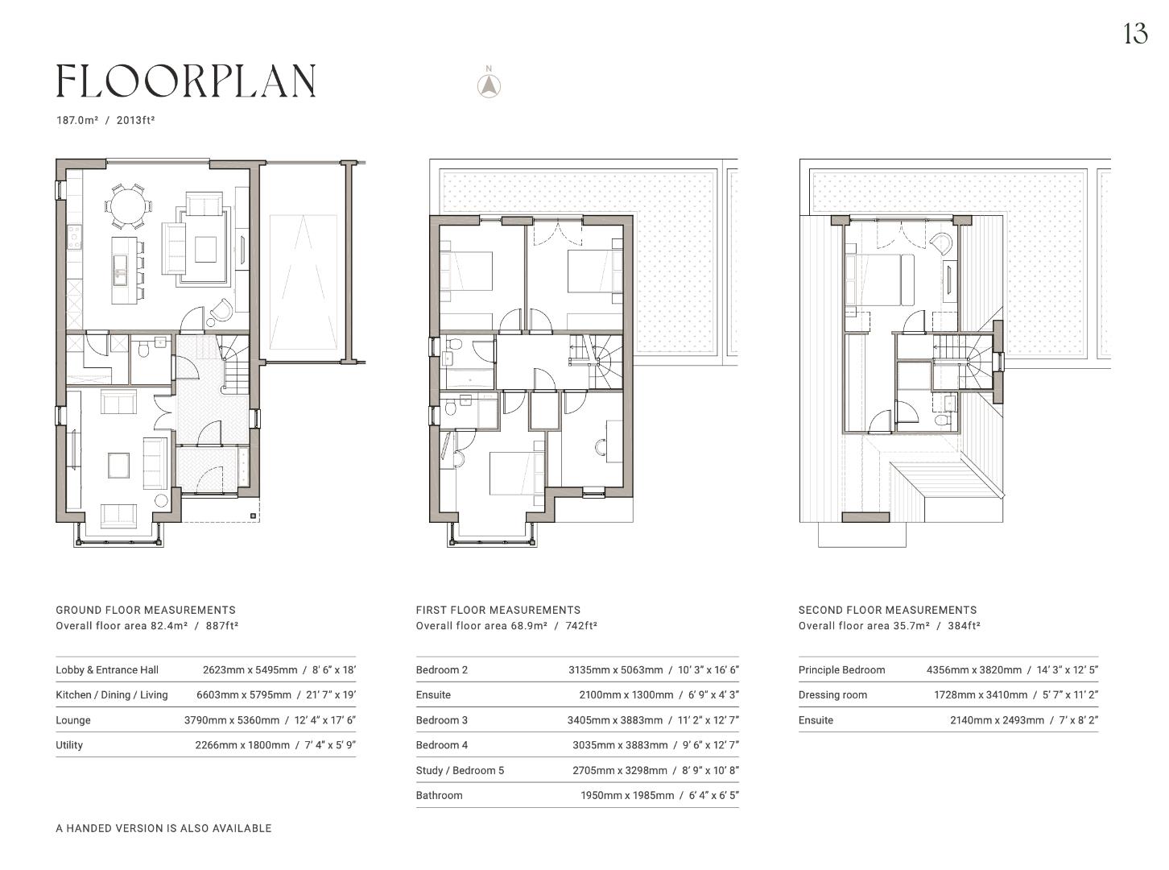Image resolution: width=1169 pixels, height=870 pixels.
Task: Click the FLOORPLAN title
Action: click(x=186, y=81)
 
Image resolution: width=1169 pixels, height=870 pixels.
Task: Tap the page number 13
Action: click(x=1134, y=34)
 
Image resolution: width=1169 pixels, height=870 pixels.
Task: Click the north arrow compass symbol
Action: click(x=489, y=85)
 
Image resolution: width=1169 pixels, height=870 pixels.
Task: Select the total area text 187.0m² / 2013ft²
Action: click(x=105, y=120)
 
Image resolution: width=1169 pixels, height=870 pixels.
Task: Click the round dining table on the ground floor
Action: click(x=128, y=206)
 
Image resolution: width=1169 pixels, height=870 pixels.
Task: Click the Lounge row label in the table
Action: click(x=73, y=720)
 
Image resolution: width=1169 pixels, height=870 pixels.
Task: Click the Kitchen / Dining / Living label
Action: click(x=112, y=694)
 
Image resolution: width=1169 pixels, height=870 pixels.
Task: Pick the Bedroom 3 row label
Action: click(x=442, y=720)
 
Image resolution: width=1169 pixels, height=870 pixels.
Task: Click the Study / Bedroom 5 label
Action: click(x=460, y=770)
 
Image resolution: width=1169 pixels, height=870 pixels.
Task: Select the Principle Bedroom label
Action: click(x=841, y=669)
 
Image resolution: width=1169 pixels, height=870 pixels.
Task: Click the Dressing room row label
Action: click(x=832, y=694)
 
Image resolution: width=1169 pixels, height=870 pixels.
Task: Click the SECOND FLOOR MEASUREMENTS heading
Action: click(x=887, y=610)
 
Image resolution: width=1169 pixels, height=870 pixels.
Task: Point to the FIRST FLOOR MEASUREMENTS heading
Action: click(x=498, y=610)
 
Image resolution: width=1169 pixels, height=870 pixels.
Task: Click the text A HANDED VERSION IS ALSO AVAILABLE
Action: click(x=163, y=828)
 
